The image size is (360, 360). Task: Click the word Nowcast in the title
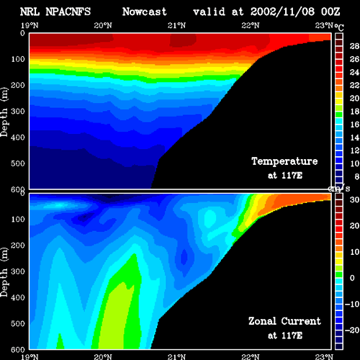tap(145, 12)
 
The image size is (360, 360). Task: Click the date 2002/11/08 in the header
tap(282, 12)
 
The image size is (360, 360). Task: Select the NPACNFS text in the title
tap(68, 12)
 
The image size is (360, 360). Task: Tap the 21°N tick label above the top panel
tap(176, 25)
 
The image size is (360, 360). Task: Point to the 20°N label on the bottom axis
tap(103, 357)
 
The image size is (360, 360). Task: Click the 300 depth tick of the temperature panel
tap(18, 112)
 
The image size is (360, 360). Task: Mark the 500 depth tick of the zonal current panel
tap(18, 323)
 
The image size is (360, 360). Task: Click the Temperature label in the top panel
tap(284, 161)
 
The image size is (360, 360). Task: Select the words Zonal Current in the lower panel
tap(284, 321)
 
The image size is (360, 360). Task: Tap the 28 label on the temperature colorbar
tap(354, 46)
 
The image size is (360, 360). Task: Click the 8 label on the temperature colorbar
tap(357, 176)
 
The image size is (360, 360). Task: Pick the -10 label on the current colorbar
tap(352, 304)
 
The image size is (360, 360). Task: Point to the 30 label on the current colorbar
tap(354, 199)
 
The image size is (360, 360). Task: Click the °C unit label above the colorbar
tap(339, 27)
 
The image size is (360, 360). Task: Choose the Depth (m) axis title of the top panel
tap(4, 112)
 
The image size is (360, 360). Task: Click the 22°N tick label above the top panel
tap(251, 25)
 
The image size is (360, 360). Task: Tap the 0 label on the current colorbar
tap(352, 278)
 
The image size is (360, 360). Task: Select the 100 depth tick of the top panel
tap(18, 59)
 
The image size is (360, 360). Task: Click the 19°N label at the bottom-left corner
tap(30, 357)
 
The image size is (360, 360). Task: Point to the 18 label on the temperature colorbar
tap(354, 112)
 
